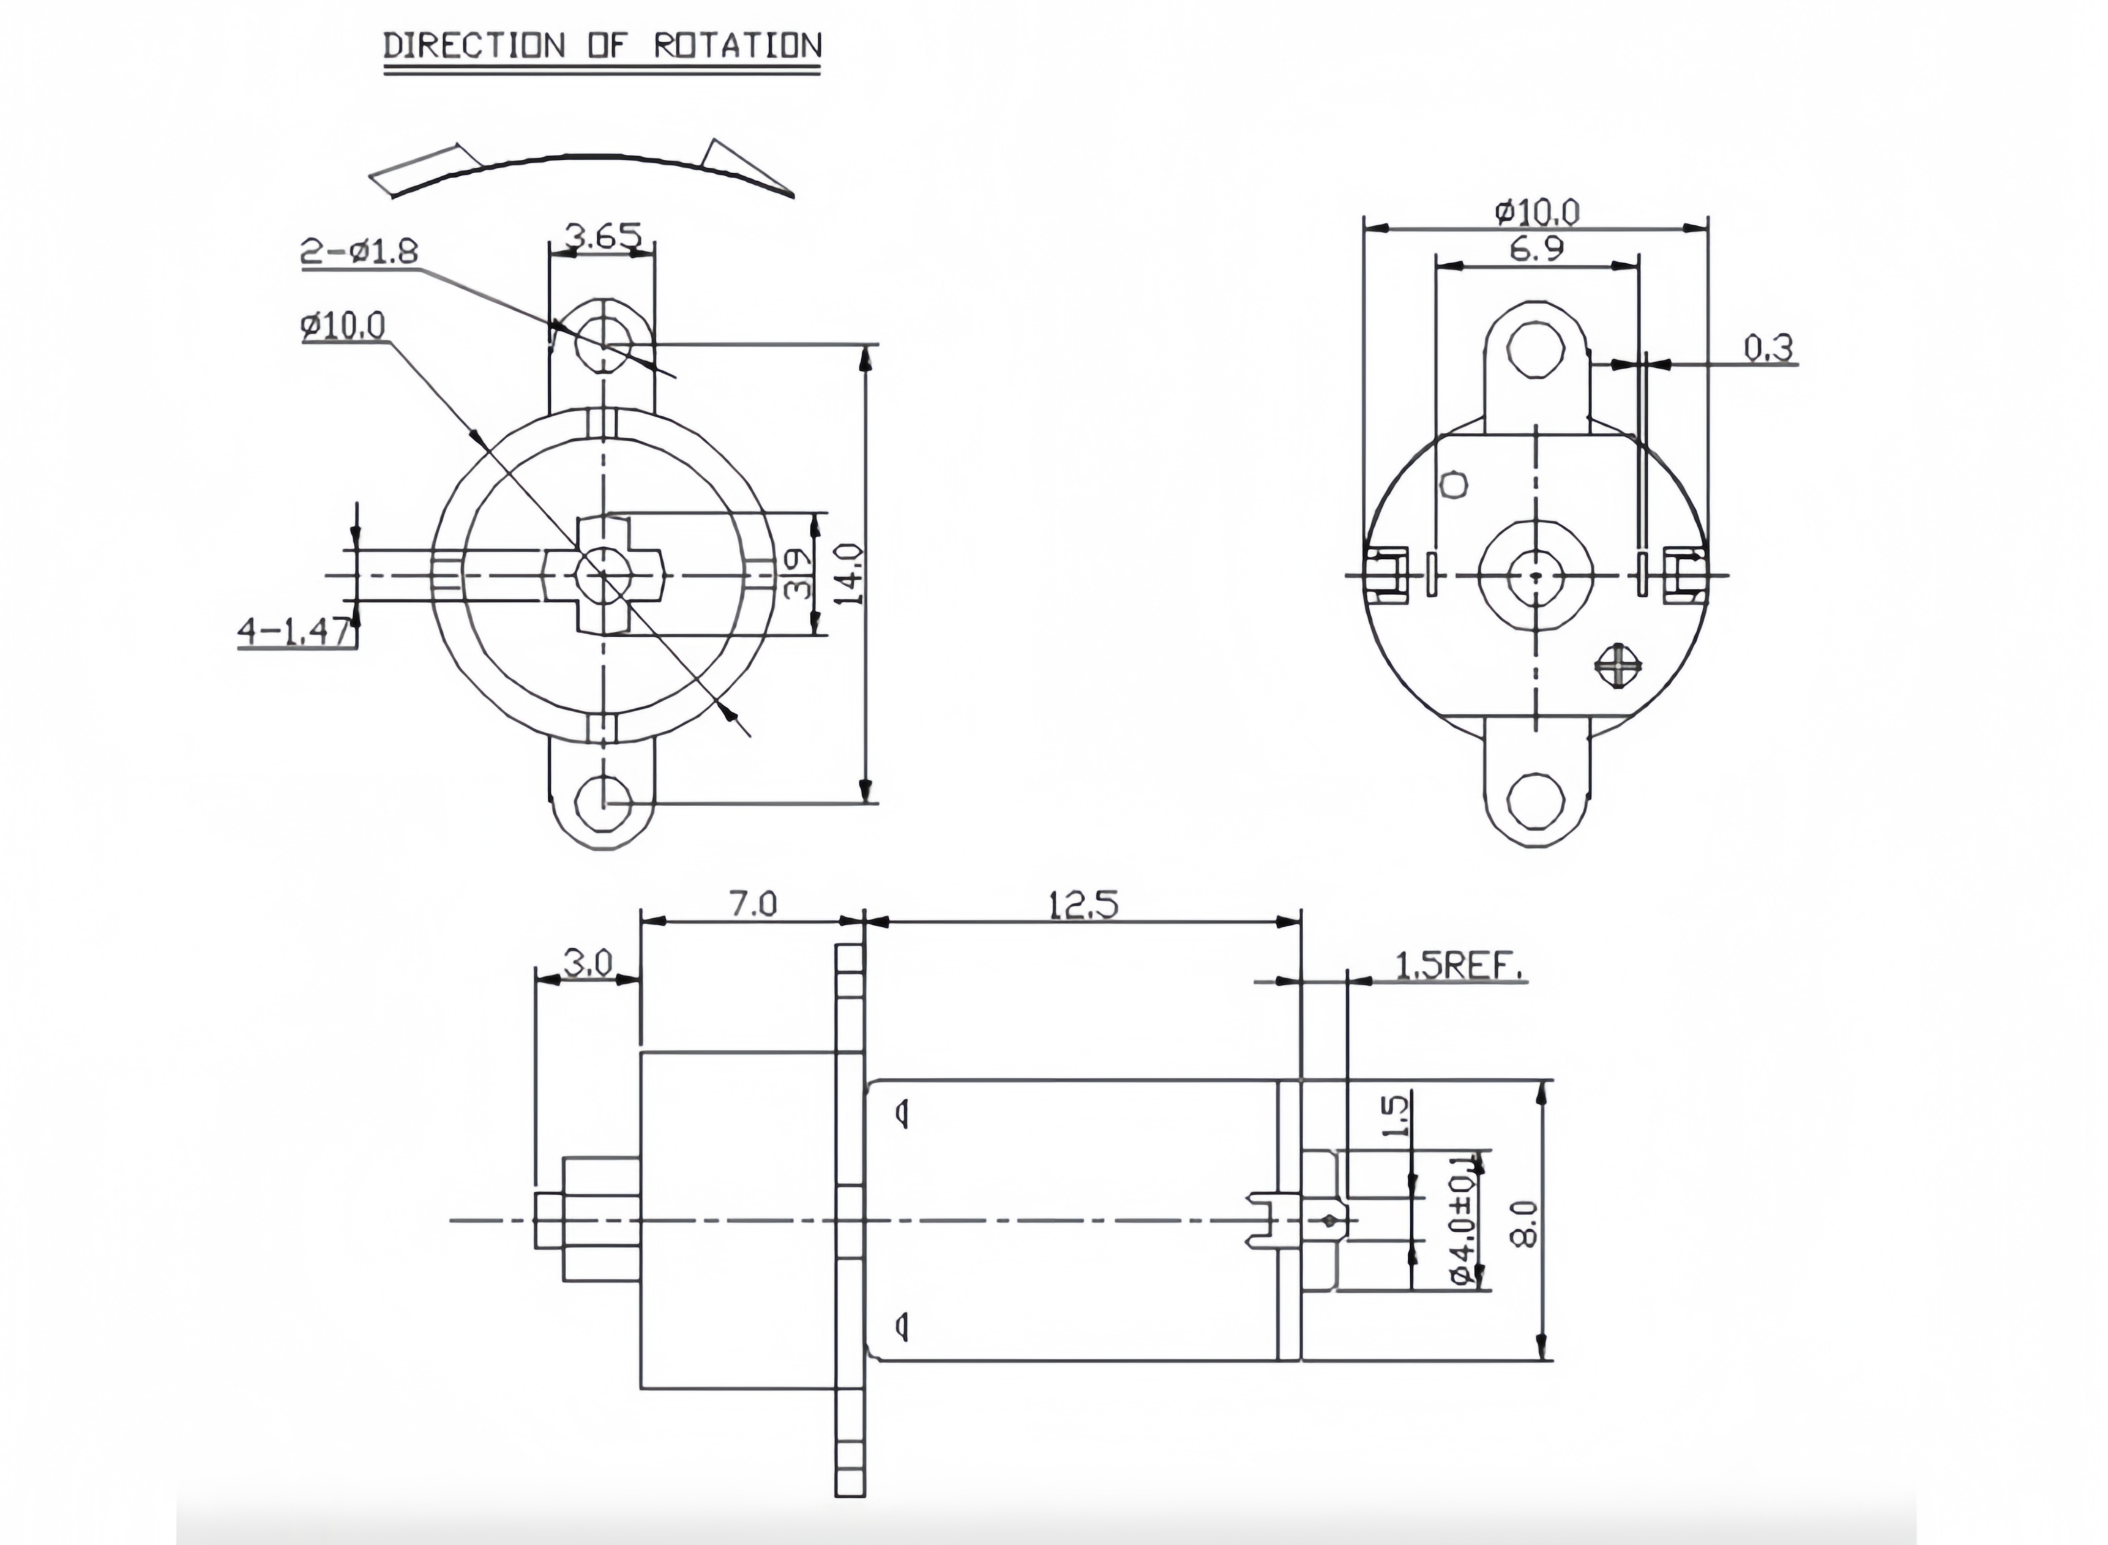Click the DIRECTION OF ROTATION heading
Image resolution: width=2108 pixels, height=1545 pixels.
[x=602, y=45]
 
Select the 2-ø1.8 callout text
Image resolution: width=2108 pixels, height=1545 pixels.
[x=359, y=250]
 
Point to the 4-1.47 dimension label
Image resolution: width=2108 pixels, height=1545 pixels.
[x=294, y=632]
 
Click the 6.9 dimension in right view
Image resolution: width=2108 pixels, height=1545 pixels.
[x=1536, y=249]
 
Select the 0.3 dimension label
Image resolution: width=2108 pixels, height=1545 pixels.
[x=1768, y=347]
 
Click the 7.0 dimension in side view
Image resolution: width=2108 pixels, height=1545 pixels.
[x=753, y=904]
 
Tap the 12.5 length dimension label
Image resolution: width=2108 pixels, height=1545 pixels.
[x=1082, y=904]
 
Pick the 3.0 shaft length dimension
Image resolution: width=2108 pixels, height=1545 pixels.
[x=588, y=962]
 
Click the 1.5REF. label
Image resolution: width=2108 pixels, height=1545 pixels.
[x=1459, y=965]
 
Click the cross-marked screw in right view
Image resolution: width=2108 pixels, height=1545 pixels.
[x=1619, y=665]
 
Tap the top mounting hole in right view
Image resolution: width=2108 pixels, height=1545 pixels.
[x=1536, y=349]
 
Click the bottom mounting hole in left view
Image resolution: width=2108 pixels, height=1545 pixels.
[x=604, y=802]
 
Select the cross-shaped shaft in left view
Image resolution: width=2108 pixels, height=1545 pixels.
[x=604, y=574]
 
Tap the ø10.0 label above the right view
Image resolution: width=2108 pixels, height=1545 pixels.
[x=1536, y=212]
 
